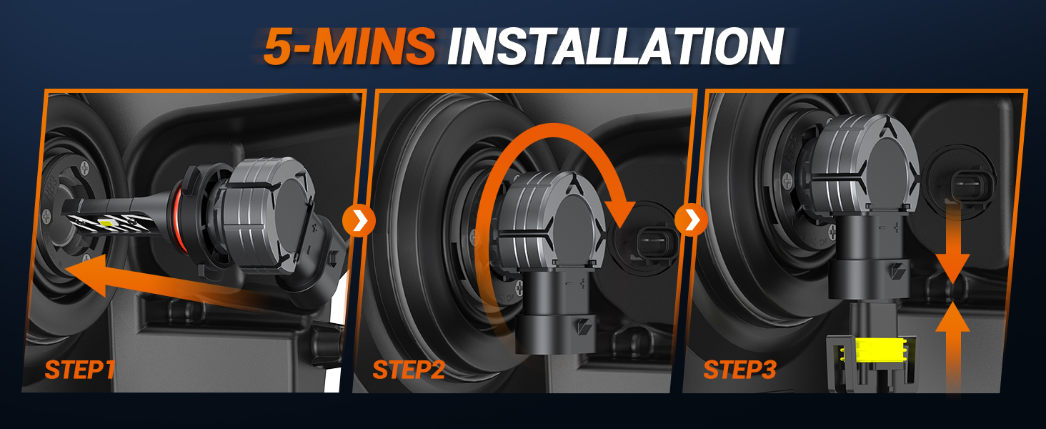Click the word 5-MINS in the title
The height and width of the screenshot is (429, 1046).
tap(349, 46)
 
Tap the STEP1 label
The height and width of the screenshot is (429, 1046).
tap(79, 370)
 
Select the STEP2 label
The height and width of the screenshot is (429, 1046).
tap(409, 370)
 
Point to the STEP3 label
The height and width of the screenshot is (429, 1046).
tap(739, 370)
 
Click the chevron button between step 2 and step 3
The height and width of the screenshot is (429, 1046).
tap(691, 222)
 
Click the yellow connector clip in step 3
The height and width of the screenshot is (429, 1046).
tap(867, 352)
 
